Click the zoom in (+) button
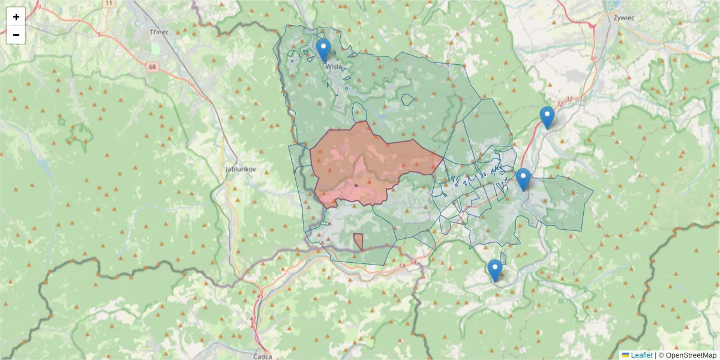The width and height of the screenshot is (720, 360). tap(16, 17)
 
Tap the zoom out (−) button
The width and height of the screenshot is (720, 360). tap(16, 35)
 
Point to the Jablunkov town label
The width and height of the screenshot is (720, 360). tap(241, 169)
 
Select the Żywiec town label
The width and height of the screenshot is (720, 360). tap(624, 17)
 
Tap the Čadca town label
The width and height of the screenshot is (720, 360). tap(263, 355)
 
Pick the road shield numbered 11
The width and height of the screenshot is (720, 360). tap(108, 3)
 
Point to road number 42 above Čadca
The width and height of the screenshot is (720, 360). tap(253, 319)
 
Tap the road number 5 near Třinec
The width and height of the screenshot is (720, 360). tap(100, 35)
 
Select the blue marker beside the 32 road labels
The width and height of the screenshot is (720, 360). tap(547, 118)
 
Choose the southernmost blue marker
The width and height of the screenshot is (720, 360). tap(494, 271)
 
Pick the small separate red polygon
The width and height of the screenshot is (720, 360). tap(358, 241)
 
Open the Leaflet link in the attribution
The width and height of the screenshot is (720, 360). tap(641, 355)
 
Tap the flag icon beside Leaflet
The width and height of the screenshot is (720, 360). tap(625, 355)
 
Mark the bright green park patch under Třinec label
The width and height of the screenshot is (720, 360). tap(156, 48)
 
